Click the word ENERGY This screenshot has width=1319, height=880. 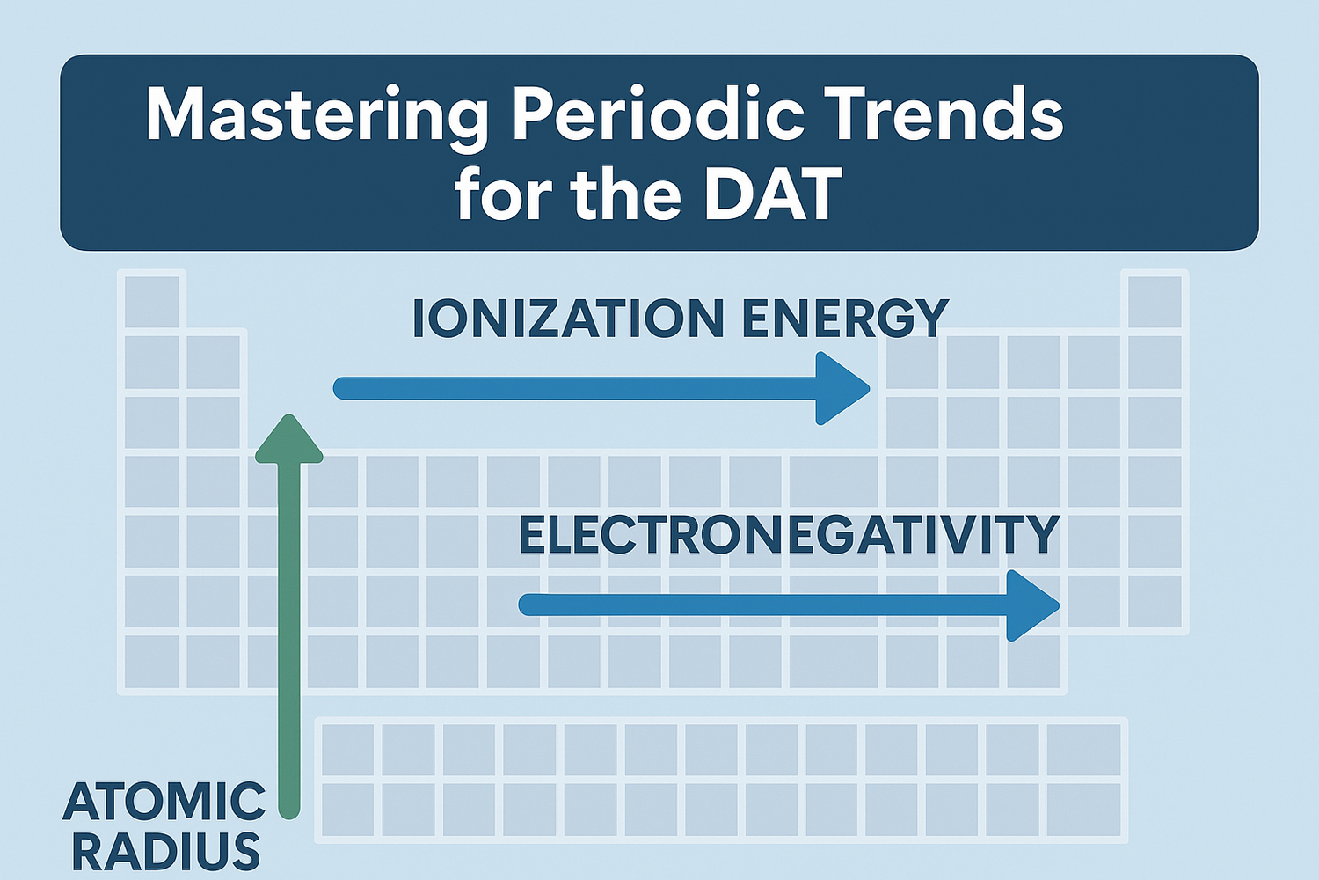click(844, 319)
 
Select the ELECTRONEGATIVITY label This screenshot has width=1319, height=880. click(789, 534)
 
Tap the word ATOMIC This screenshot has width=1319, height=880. click(164, 801)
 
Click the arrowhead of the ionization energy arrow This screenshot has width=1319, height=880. click(840, 388)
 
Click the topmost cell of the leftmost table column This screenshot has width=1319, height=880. click(153, 301)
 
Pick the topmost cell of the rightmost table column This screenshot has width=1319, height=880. click(1155, 301)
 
